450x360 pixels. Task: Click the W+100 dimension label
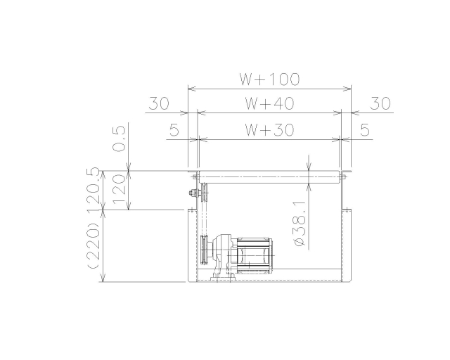point(270,79)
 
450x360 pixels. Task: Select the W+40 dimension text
point(269,103)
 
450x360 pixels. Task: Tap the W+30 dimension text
point(269,130)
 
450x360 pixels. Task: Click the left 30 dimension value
point(159,103)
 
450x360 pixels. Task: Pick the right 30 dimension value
point(380,103)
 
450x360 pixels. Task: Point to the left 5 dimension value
point(174,130)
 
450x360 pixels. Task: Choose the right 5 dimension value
point(364,130)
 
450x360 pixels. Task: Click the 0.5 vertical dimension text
point(119,139)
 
